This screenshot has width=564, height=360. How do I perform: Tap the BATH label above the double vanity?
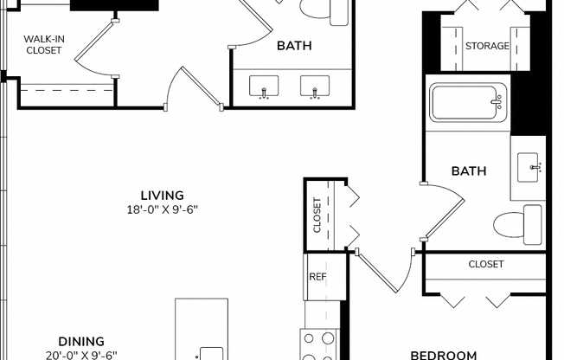pos(294,46)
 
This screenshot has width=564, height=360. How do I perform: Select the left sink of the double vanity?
pos(263,87)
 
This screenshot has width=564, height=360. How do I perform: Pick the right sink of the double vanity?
pos(313,87)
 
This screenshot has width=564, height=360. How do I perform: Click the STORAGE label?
pos(487,46)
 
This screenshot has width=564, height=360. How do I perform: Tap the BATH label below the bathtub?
pos(468,171)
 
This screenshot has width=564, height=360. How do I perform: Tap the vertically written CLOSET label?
pos(317,215)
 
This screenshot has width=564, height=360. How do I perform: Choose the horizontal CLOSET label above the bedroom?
pos(485,264)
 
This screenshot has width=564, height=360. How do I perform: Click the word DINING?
pos(81,341)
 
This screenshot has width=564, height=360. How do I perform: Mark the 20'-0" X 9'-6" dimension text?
pos(81,355)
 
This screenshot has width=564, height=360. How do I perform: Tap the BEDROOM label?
pos(443,355)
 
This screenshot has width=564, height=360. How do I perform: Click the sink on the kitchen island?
pos(210,353)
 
